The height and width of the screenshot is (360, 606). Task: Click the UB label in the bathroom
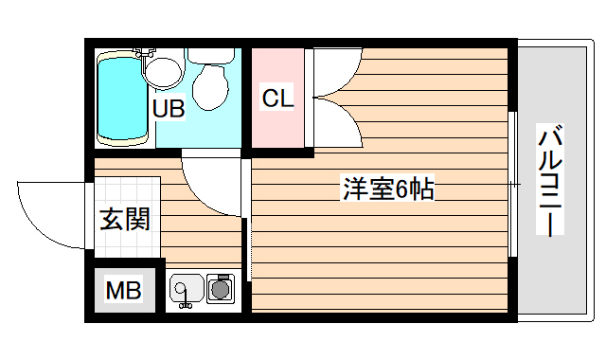(x=169, y=109)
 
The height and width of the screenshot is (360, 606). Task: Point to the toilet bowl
(x=209, y=87)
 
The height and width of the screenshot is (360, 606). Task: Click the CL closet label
(x=277, y=98)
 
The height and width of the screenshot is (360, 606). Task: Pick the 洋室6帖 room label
(x=387, y=189)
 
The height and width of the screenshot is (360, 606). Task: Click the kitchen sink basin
(x=186, y=287)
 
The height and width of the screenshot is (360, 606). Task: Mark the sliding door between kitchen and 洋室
(x=248, y=223)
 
